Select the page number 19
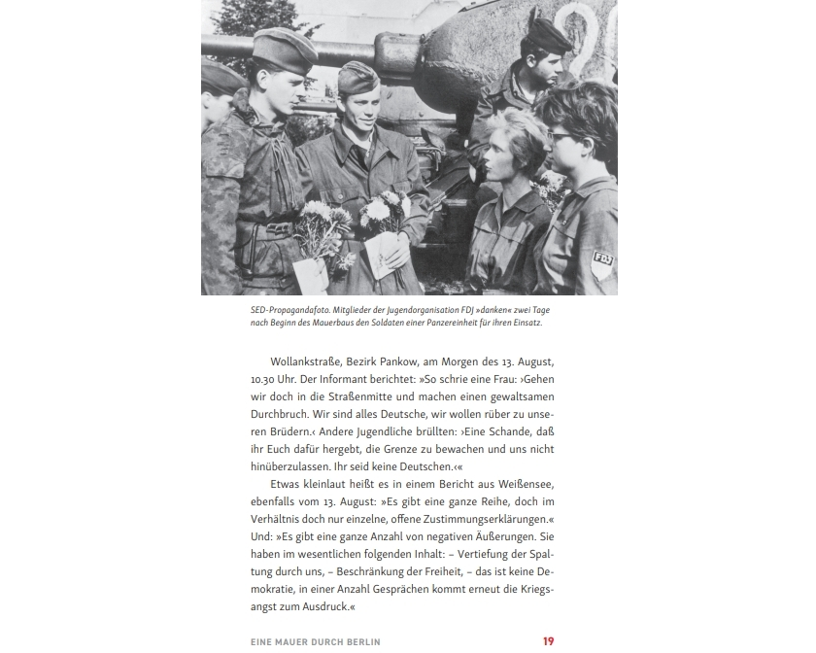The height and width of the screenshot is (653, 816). [x=548, y=641]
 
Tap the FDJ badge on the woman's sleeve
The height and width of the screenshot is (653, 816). [x=602, y=259]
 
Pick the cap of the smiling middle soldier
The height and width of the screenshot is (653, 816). [x=358, y=77]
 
